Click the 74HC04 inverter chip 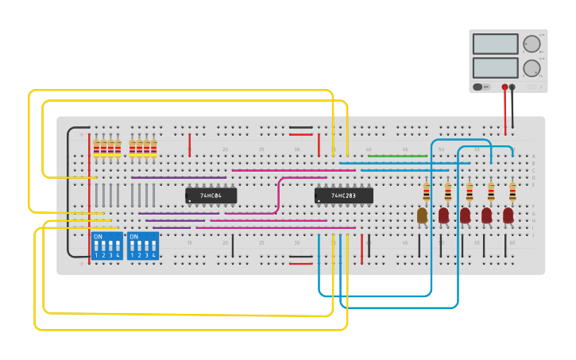(211, 195)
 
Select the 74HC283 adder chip (343, 195)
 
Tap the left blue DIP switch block (106, 246)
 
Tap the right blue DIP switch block (142, 246)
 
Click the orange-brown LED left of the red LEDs (422, 215)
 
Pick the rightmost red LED (508, 215)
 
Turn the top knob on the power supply (531, 44)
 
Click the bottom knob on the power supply (531, 68)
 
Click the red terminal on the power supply (504, 87)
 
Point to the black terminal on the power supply (512, 87)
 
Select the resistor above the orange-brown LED (427, 191)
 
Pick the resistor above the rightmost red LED (512, 191)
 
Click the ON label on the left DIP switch (98, 237)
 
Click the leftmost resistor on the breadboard (97, 148)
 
